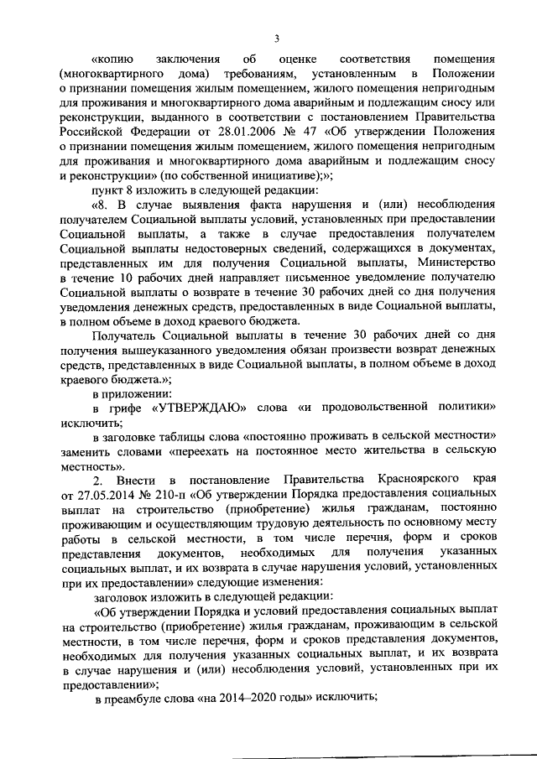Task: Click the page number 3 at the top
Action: point(276,36)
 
